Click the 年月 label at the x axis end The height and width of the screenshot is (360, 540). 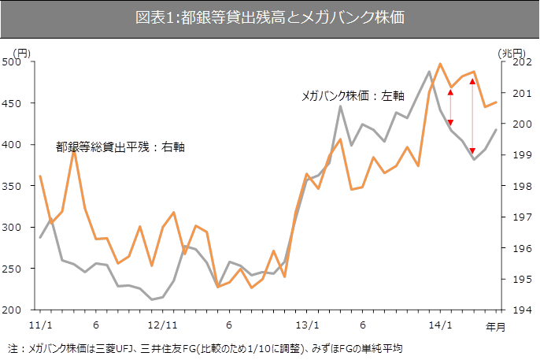click(x=495, y=325)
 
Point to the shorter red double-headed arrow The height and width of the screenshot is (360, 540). click(x=450, y=107)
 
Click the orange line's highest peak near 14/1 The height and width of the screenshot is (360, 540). click(x=439, y=64)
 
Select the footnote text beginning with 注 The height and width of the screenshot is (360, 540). click(x=205, y=347)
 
